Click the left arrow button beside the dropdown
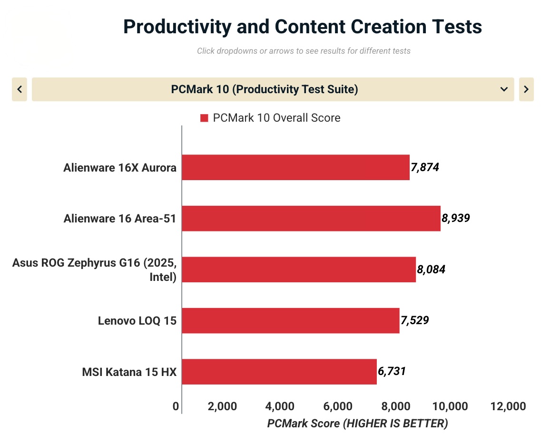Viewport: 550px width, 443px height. pos(20,89)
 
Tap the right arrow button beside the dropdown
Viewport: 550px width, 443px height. pos(526,89)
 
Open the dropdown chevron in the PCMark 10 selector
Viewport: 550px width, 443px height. pos(504,89)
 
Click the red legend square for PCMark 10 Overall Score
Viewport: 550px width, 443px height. pos(204,118)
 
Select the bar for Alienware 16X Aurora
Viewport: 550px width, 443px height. pos(295,167)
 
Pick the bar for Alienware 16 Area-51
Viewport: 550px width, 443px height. pos(311,219)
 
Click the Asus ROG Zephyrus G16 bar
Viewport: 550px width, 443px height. pos(299,270)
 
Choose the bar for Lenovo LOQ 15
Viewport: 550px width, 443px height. pos(290,320)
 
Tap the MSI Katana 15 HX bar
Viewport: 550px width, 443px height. pos(279,372)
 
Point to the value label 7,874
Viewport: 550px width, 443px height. pos(425,167)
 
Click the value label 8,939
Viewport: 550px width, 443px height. pos(456,219)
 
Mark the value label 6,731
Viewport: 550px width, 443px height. pos(392,371)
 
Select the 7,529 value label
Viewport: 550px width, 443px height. pos(415,320)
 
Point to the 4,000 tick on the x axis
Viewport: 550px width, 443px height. pos(280,406)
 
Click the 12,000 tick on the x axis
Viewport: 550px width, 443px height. pos(509,406)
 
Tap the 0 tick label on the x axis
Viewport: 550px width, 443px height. pos(176,406)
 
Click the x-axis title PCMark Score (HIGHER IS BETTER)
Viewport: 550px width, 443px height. pos(357,424)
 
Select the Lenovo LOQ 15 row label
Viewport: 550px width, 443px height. pos(137,321)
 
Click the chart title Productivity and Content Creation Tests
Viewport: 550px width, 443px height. pos(303,27)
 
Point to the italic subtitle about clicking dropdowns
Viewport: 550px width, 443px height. pos(304,51)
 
